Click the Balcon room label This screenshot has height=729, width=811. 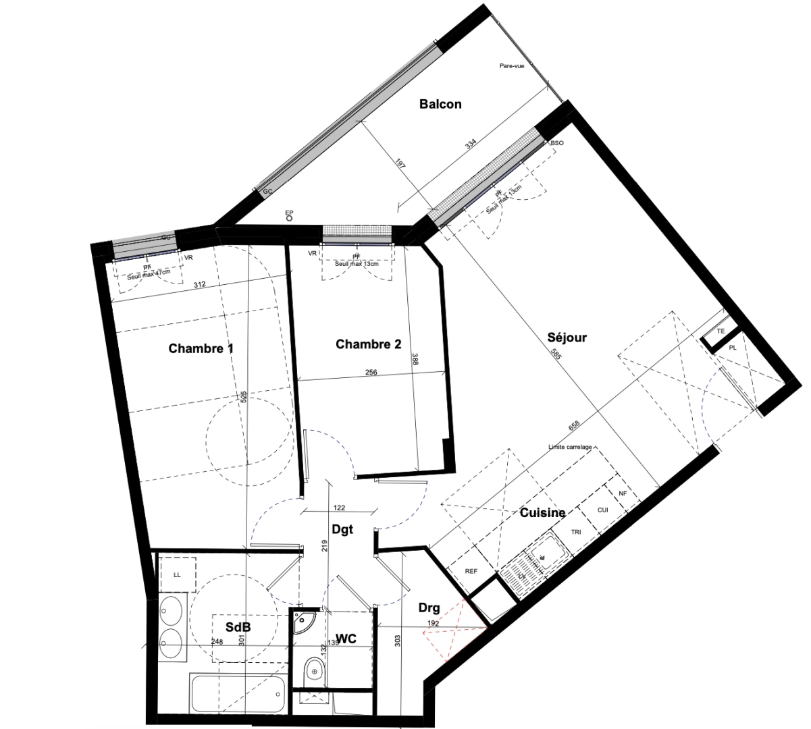click(x=440, y=104)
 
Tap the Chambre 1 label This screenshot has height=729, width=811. click(x=201, y=349)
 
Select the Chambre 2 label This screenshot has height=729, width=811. click(x=368, y=344)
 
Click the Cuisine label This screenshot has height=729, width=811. click(x=542, y=513)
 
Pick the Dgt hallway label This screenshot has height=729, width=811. click(x=342, y=530)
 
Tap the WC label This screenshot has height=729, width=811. click(x=346, y=638)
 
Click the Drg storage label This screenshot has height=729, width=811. click(x=429, y=607)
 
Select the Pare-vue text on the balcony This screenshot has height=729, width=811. click(x=512, y=65)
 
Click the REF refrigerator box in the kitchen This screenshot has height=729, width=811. click(x=471, y=571)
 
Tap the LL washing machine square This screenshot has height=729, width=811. click(x=177, y=574)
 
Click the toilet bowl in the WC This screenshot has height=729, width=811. click(x=314, y=670)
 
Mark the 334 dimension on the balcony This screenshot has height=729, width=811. click(x=471, y=143)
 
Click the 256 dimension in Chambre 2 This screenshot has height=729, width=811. click(x=371, y=372)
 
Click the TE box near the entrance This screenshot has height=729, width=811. click(x=721, y=331)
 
